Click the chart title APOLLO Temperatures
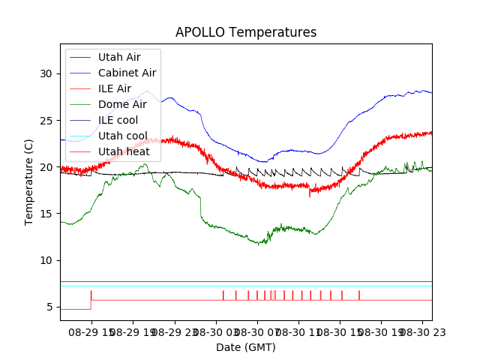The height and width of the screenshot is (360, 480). tap(246, 32)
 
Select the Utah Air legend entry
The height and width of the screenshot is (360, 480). tap(118, 57)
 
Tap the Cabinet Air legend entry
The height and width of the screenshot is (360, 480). tap(127, 73)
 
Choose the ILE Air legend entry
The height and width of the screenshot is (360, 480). tap(114, 88)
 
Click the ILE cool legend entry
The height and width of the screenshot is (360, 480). tap(118, 120)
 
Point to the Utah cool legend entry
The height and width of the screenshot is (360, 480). tap(122, 136)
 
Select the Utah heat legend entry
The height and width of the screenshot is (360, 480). tap(122, 151)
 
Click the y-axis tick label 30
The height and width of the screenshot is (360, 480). tap(46, 73)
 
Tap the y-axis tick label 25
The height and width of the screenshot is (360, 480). tap(46, 121)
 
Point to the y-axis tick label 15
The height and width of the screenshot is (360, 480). tap(46, 214)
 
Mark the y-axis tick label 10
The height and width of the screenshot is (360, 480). tap(46, 260)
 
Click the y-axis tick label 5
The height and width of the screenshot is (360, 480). tap(49, 307)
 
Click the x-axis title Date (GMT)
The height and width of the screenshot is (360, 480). tap(246, 347)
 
